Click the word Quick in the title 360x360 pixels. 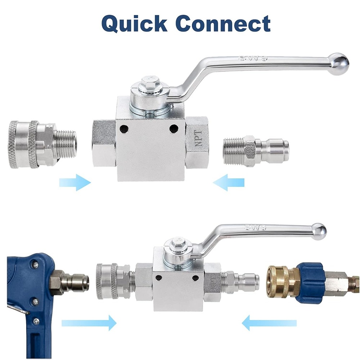pos(134,23)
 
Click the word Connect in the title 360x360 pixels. pos(224,23)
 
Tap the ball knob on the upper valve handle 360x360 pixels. pos(338,64)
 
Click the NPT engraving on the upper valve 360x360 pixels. pos(198,139)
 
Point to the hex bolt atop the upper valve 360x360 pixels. pos(150,81)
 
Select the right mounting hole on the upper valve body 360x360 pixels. pos(174,129)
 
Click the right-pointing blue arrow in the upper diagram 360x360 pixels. pos(75,182)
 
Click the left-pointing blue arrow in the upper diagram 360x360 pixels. pos(229,182)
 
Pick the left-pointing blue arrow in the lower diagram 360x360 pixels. pos(269,323)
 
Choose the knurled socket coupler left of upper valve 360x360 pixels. pos(42,144)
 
